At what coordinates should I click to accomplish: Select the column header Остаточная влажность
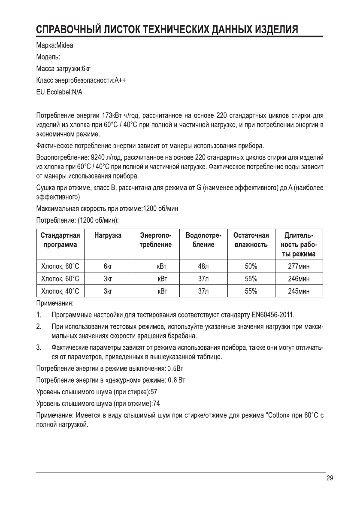[x=251, y=240]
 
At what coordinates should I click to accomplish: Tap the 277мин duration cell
[x=299, y=266]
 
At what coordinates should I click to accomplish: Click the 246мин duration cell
[x=299, y=279]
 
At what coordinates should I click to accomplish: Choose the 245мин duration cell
[x=299, y=292]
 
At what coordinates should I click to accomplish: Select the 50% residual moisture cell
[x=251, y=266]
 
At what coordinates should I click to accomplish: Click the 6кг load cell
[x=108, y=266]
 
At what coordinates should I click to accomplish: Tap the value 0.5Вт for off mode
[x=176, y=369]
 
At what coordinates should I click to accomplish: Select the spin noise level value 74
[x=156, y=403]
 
